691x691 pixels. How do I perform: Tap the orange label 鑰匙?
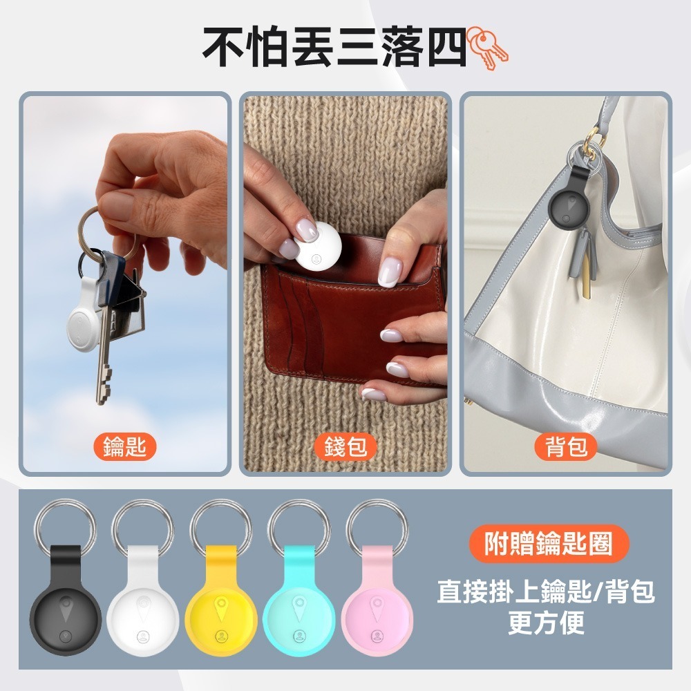click(x=124, y=447)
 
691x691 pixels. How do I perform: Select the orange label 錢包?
click(x=345, y=447)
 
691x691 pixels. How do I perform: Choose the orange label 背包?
click(x=566, y=447)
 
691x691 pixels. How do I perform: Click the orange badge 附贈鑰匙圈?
click(x=549, y=544)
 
